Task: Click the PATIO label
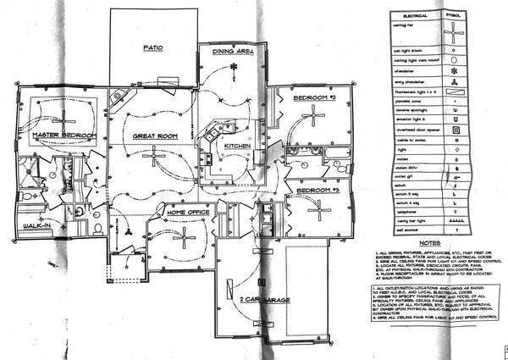coord(153,48)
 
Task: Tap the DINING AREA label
coord(234,52)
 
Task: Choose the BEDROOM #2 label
coord(315,98)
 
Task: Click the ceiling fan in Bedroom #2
coord(314,118)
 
